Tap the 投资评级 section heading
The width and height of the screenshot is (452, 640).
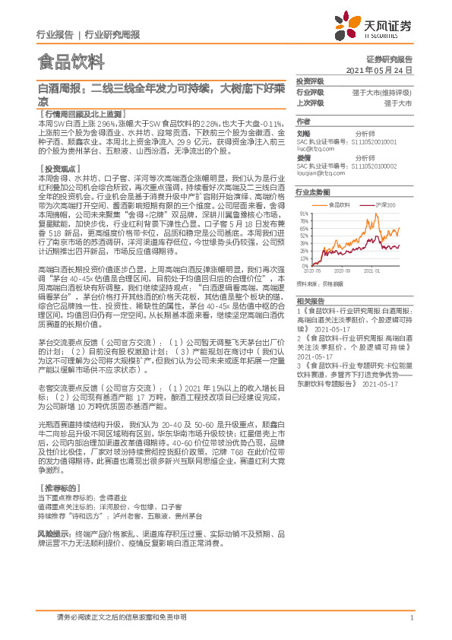coord(310,80)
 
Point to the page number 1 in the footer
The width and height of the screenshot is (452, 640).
coord(411,618)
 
